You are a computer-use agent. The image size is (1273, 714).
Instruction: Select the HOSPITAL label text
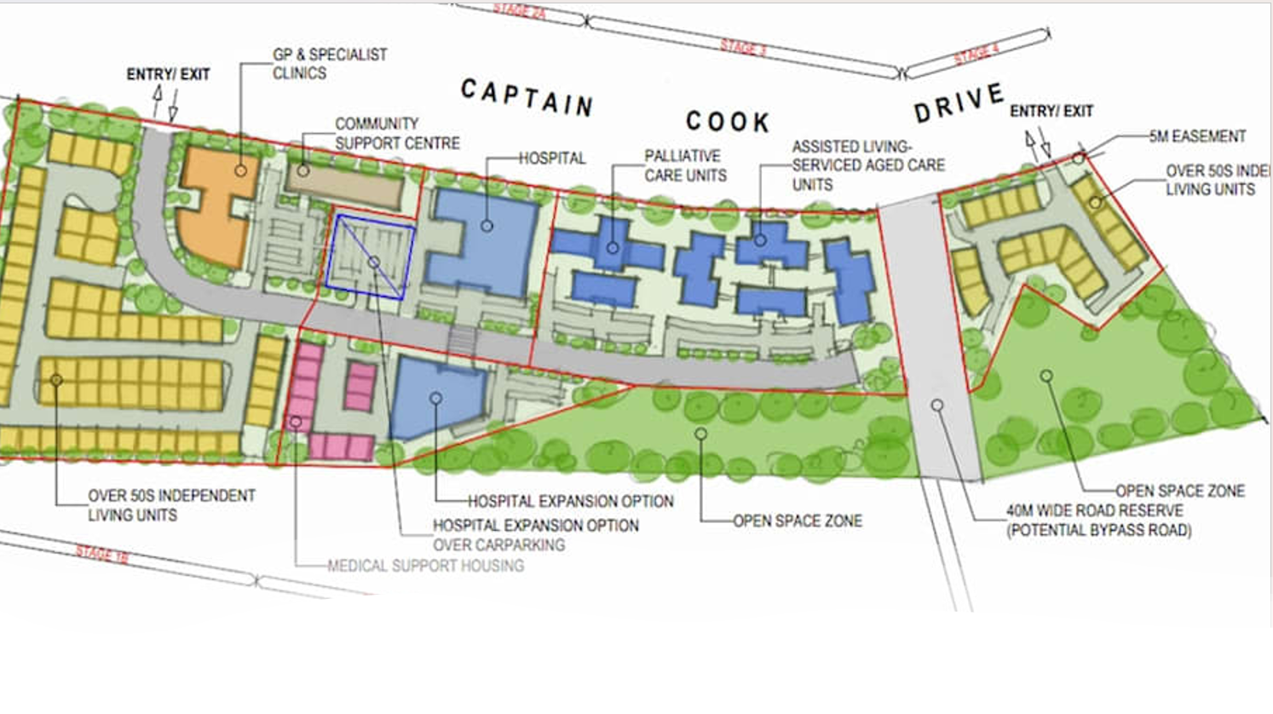pyautogui.click(x=552, y=158)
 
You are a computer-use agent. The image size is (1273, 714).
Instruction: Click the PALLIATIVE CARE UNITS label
pyautogui.click(x=685, y=165)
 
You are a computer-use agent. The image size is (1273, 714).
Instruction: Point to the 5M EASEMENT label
pyautogui.click(x=1197, y=136)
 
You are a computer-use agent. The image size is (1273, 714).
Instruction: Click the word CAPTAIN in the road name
pyautogui.click(x=527, y=97)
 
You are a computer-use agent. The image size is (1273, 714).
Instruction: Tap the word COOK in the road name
pyautogui.click(x=728, y=122)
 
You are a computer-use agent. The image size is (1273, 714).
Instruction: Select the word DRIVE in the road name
pyautogui.click(x=959, y=103)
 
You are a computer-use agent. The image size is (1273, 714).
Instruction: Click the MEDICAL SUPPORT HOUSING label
pyautogui.click(x=426, y=566)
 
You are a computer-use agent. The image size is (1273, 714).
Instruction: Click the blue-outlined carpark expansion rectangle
pyautogui.click(x=372, y=256)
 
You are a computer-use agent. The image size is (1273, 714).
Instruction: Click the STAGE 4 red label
pyautogui.click(x=976, y=54)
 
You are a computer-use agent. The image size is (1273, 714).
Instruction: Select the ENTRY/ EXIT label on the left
pyautogui.click(x=168, y=75)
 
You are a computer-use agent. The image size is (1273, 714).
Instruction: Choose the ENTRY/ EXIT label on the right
pyautogui.click(x=1051, y=111)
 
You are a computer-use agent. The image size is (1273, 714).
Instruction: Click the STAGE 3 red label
pyautogui.click(x=744, y=48)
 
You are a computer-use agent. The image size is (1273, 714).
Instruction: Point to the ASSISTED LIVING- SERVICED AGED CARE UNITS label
pyautogui.click(x=867, y=165)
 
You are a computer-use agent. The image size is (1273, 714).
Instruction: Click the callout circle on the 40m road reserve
pyautogui.click(x=937, y=406)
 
